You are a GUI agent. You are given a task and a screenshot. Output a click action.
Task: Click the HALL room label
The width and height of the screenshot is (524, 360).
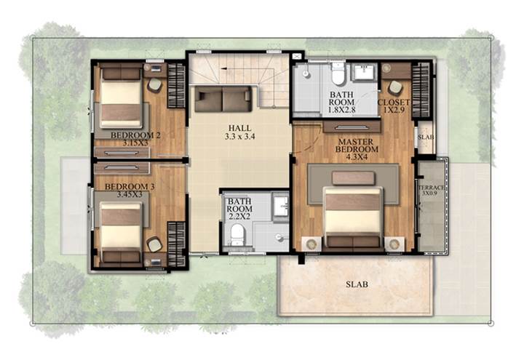[239, 128]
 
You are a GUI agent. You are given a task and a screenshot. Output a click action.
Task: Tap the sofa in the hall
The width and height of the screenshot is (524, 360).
[223, 99]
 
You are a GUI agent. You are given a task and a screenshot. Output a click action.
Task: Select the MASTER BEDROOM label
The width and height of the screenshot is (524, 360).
[357, 145]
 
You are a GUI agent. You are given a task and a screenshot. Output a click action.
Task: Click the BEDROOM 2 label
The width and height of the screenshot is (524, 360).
[135, 135]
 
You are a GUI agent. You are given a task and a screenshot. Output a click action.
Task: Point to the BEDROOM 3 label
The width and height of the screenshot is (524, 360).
[130, 187]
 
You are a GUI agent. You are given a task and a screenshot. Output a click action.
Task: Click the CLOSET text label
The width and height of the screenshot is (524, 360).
[394, 103]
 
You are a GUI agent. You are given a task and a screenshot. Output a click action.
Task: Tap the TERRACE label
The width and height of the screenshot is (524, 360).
[431, 188]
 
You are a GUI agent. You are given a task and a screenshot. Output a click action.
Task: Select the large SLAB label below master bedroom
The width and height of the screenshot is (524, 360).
[357, 284]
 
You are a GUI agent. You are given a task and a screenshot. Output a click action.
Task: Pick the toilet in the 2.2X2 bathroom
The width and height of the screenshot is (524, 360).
[237, 235]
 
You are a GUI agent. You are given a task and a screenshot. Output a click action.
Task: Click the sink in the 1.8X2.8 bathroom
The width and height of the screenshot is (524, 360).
[365, 73]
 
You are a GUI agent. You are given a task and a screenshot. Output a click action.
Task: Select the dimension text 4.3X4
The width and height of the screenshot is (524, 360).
[357, 156]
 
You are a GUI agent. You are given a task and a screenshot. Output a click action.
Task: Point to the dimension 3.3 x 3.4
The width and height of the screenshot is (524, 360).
[239, 136]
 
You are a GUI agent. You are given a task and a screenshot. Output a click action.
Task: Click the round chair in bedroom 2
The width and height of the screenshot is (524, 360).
[155, 85]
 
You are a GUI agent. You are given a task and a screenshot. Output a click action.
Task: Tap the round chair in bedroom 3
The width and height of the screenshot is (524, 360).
[154, 244]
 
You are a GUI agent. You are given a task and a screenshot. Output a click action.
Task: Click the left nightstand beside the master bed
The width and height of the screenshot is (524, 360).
[311, 244]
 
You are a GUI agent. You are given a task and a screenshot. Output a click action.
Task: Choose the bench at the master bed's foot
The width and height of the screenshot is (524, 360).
[353, 178]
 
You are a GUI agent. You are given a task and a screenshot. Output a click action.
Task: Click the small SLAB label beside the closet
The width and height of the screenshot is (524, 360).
[426, 137]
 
